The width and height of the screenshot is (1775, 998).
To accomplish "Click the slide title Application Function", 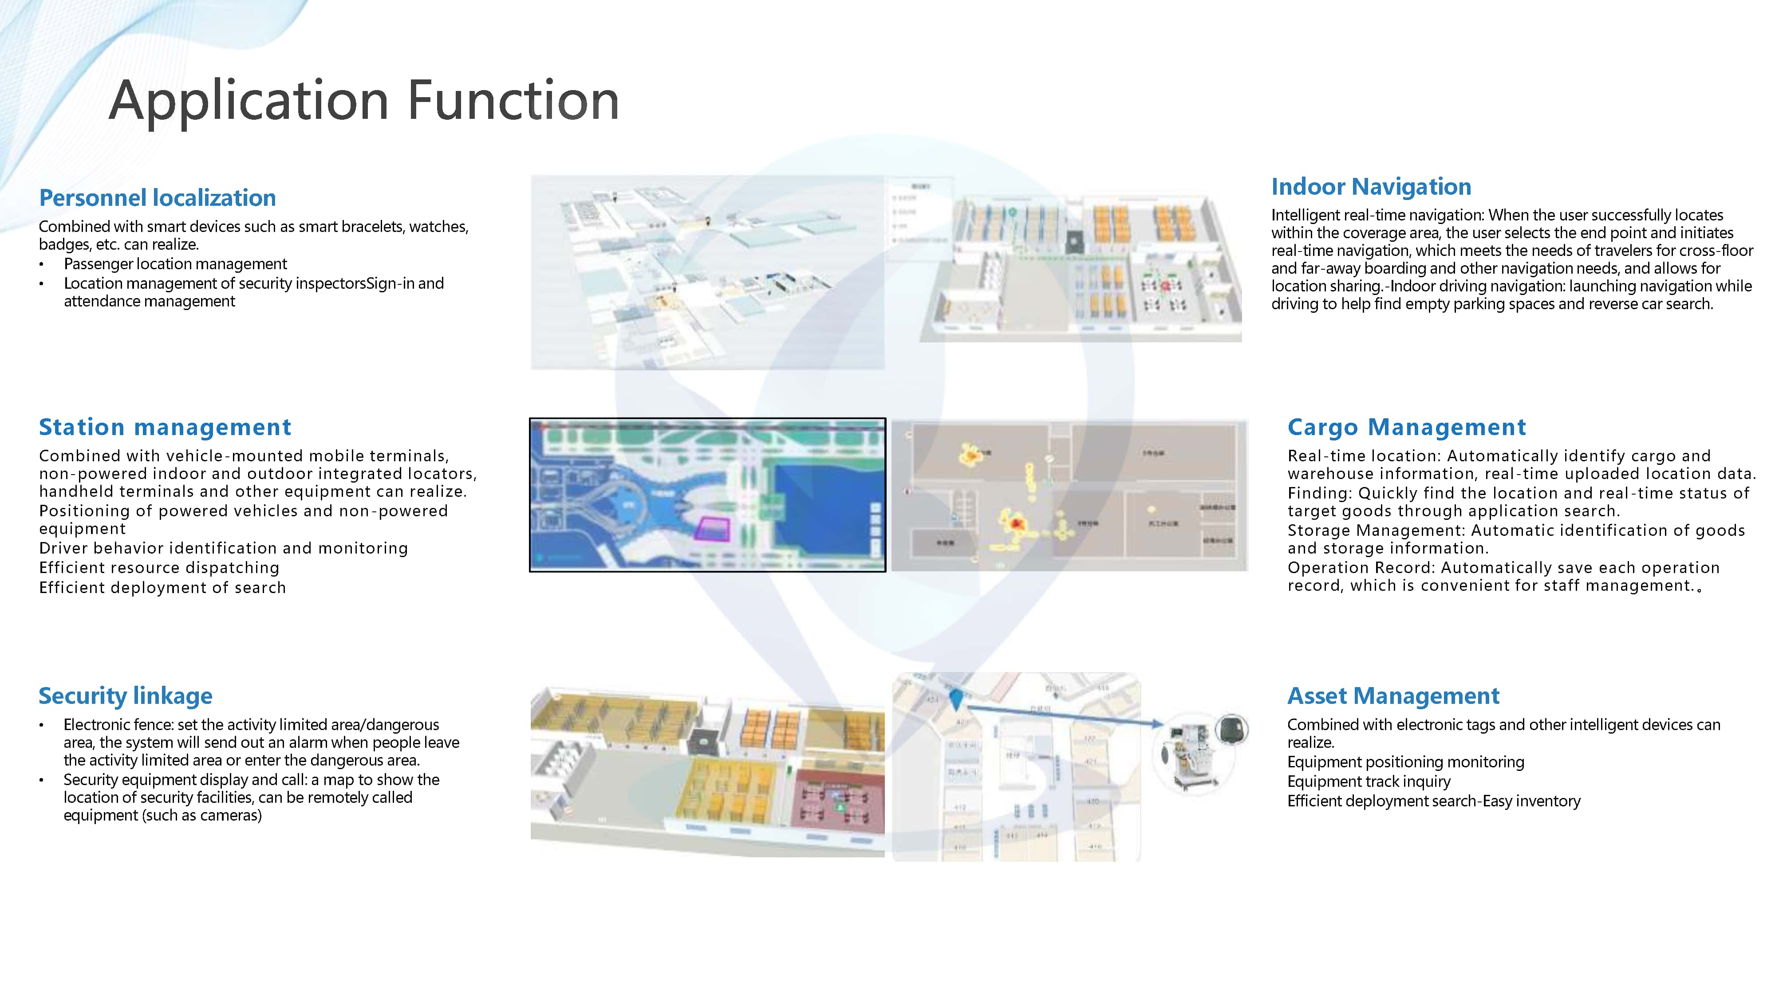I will click(364, 101).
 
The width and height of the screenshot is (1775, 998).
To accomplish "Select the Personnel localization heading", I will click(157, 198).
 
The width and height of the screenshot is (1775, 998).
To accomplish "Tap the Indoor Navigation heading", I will click(1371, 187).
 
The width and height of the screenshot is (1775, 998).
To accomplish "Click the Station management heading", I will click(165, 427).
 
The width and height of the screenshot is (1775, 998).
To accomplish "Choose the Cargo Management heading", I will click(1406, 427).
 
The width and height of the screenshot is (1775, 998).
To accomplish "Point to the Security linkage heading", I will click(126, 695).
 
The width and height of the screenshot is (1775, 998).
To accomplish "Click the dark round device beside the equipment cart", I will click(1231, 729).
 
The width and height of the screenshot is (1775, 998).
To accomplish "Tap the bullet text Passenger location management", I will click(175, 264).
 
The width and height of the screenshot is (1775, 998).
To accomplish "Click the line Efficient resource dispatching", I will click(159, 568).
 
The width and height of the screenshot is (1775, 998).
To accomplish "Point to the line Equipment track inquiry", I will click(1369, 781).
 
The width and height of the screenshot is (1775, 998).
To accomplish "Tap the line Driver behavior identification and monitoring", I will click(223, 548).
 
